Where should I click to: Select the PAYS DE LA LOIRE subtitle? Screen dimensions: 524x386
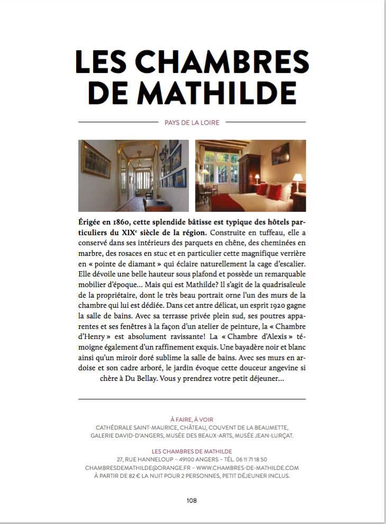[x=192, y=122]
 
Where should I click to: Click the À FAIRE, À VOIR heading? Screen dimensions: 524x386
[x=192, y=419]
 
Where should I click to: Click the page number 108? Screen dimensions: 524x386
[x=192, y=500]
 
